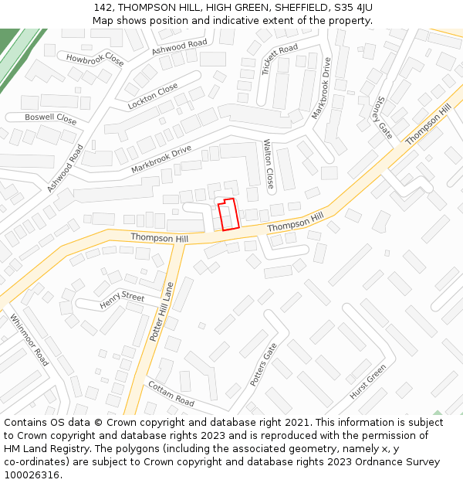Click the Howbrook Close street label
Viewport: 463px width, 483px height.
[95, 59]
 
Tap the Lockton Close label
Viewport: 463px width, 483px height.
[153, 96]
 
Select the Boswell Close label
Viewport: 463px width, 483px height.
[50, 119]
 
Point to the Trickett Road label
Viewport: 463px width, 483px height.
[279, 59]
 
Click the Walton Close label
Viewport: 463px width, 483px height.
[269, 165]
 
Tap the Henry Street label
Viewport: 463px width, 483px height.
[122, 301]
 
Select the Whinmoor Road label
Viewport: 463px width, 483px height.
[29, 339]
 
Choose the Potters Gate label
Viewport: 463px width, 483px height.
[263, 364]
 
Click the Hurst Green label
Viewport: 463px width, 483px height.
[367, 382]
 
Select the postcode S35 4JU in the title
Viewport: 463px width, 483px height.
[353, 7]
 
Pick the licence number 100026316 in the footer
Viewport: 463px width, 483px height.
[30, 474]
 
